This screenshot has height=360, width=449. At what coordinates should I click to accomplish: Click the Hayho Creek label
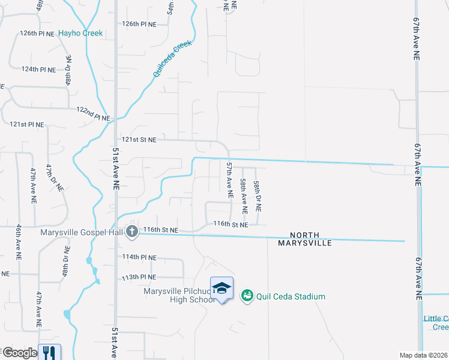click(80, 34)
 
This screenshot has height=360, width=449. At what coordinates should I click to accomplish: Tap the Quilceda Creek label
click(172, 59)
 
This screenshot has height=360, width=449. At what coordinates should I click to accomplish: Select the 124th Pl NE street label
click(38, 70)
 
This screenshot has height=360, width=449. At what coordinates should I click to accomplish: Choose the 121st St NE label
click(139, 140)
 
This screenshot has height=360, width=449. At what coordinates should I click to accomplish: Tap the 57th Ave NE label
click(229, 179)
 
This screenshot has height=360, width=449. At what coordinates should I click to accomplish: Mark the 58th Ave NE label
click(243, 196)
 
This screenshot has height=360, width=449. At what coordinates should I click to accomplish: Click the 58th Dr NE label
click(257, 196)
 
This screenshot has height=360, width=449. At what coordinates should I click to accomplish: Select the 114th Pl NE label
click(139, 257)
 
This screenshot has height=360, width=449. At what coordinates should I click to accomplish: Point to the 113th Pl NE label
click(139, 277)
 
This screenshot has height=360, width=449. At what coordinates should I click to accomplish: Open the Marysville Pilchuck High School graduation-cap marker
click(221, 288)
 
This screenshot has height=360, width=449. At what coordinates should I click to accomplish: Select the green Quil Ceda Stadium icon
click(247, 296)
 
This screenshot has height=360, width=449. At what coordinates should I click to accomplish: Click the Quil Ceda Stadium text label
click(291, 296)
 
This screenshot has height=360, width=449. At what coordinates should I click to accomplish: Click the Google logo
click(20, 353)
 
